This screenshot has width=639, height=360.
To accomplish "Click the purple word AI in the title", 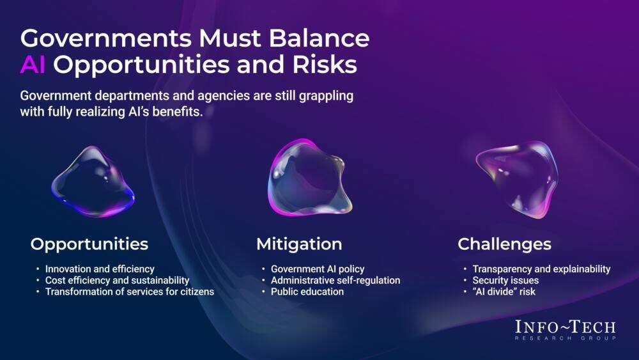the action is (33, 65).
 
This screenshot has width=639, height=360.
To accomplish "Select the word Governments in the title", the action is (106, 38).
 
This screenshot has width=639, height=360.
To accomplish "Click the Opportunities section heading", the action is (89, 245).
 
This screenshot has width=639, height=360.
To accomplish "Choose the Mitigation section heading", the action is (299, 244).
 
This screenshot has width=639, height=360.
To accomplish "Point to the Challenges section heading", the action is (505, 244).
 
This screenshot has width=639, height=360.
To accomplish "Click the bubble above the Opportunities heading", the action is (93, 182).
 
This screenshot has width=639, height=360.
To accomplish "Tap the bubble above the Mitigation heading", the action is (309, 178).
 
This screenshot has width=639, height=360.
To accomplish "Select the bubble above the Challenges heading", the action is (518, 179).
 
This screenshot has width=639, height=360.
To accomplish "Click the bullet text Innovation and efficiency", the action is (100, 269).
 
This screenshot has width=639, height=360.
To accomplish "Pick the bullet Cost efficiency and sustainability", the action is (118, 281).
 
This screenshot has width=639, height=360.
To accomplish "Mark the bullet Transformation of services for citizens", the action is (130, 292).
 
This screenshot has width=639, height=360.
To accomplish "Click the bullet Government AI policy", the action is (318, 269).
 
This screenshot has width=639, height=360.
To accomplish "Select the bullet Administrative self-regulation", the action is (335, 281).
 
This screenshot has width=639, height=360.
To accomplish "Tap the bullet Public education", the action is (307, 292).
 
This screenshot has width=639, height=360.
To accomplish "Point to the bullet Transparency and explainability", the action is (542, 269).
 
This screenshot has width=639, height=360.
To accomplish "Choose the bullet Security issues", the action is (505, 281).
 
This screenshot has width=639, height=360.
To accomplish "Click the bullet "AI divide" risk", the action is (504, 292).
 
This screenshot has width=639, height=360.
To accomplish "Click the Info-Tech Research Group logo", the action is (566, 330).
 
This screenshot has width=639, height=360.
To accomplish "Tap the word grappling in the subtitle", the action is (326, 96).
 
